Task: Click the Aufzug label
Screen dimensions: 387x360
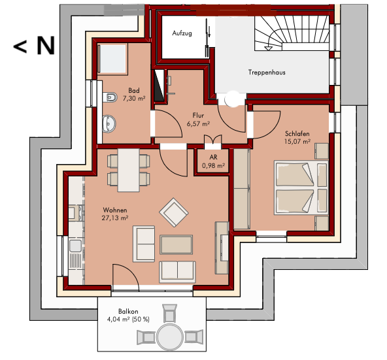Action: point(182,33)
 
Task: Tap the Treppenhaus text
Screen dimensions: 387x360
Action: point(267,73)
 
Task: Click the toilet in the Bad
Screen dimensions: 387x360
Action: point(110,97)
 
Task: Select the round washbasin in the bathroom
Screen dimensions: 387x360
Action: point(109,123)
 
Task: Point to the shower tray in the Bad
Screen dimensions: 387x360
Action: point(112,59)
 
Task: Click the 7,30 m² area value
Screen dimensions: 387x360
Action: point(134,99)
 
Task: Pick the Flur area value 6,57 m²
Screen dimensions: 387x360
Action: point(198,123)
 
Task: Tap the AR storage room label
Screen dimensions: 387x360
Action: point(213,157)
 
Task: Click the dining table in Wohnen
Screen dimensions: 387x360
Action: point(128,170)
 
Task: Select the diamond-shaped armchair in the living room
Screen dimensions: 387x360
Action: point(174,212)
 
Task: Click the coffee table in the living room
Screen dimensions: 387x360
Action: point(176,244)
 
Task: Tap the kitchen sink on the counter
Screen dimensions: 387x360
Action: point(75,246)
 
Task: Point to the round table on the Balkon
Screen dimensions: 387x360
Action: point(169,336)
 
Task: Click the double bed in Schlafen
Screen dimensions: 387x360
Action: point(301,188)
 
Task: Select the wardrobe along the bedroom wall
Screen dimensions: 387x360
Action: point(242,189)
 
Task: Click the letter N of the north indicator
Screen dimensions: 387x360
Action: point(46,46)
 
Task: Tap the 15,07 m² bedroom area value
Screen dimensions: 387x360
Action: point(297,142)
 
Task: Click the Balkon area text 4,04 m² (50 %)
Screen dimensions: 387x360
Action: point(128,319)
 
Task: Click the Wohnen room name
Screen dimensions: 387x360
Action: point(115,210)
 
